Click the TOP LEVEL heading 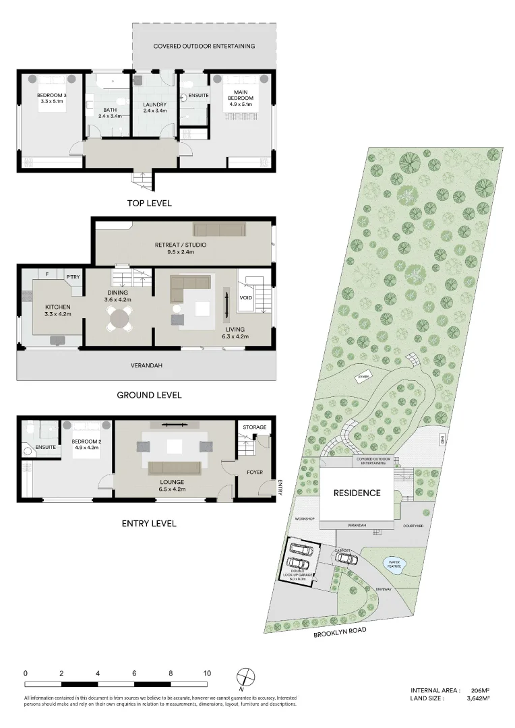tap(149, 203)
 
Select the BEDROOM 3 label tap(52, 98)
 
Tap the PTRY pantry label tap(73, 276)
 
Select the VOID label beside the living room tap(246, 297)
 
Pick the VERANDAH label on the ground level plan tap(146, 365)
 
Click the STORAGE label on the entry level tap(255, 427)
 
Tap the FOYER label tap(254, 473)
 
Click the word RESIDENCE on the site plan tap(357, 493)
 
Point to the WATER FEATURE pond tap(393, 563)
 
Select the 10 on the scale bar tap(207, 673)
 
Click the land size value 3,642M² tap(478, 699)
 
